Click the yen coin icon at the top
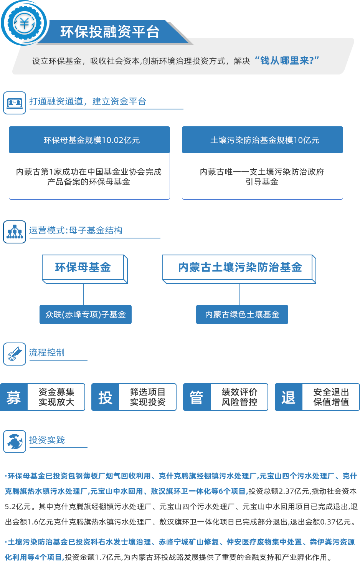[24, 23]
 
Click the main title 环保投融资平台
[110, 32]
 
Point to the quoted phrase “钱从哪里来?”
[287, 61]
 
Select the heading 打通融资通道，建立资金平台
[88, 101]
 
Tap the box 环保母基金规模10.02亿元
[91, 140]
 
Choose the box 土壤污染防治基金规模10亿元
[264, 140]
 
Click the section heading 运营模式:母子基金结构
[76, 230]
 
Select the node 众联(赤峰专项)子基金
[85, 314]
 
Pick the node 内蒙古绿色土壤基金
[242, 314]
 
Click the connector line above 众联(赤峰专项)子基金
[83, 294]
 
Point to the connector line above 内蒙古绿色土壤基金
[240, 294]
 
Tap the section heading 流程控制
[47, 352]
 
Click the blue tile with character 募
[13, 397]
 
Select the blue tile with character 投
[105, 397]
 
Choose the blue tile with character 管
[197, 397]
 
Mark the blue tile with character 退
[288, 397]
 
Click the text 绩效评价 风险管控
[239, 397]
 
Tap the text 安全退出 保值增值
[331, 397]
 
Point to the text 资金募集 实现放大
[56, 397]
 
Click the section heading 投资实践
[47, 440]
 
